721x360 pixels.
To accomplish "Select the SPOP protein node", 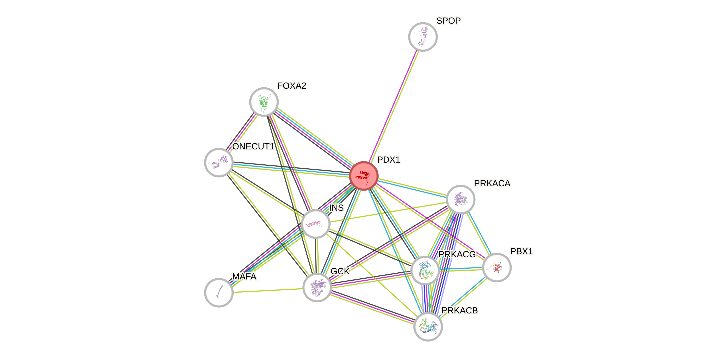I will [423, 37].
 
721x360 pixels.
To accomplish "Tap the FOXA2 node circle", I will [264, 102].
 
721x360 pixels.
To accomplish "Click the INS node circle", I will [316, 224].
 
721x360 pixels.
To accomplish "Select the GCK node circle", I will [317, 287].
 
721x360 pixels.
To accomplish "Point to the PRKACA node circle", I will [460, 199].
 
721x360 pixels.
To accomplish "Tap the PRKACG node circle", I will [425, 270].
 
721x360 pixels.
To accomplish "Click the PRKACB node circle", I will [428, 327].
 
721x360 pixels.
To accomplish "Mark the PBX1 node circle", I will [497, 267].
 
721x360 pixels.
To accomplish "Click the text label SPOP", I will [448, 21].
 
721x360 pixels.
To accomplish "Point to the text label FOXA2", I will [292, 86].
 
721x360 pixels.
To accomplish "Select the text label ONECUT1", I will [253, 146].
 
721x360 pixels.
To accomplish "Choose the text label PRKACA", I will [492, 183].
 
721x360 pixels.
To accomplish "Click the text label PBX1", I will [521, 251].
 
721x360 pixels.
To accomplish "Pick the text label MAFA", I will [244, 277].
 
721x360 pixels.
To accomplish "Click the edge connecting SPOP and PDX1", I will [393, 106].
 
